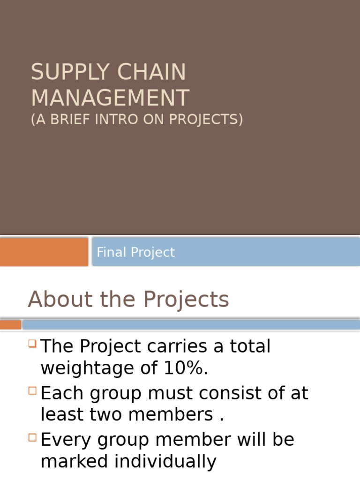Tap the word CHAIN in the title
(152, 72)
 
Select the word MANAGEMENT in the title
(110, 98)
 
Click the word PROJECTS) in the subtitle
(206, 120)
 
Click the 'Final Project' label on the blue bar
(135, 252)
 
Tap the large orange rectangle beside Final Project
(44, 252)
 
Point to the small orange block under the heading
(10, 324)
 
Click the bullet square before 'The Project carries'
(32, 343)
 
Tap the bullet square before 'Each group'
(32, 390)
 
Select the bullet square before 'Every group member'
(32, 437)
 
